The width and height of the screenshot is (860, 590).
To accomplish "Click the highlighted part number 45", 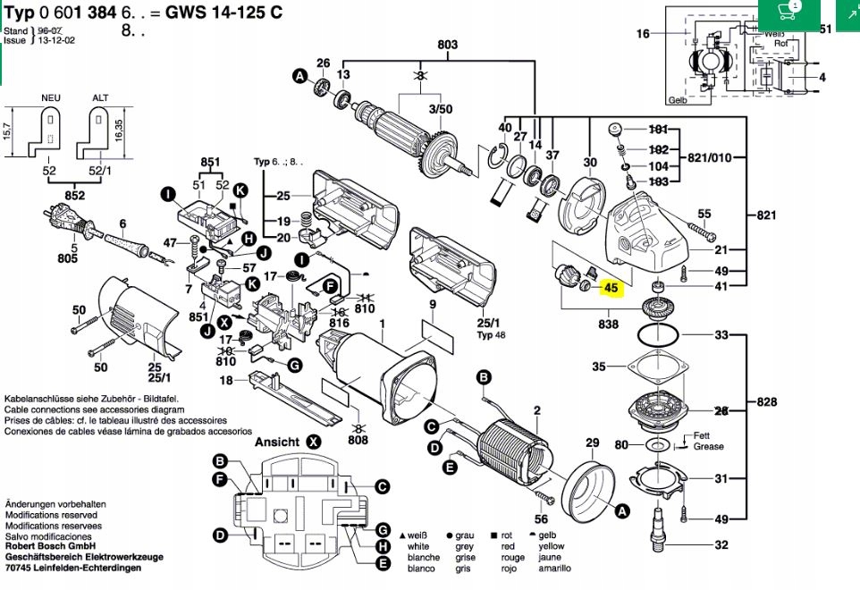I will (611, 289).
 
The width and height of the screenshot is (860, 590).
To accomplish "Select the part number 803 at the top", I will (447, 46).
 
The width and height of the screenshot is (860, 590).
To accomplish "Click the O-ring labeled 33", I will (657, 336).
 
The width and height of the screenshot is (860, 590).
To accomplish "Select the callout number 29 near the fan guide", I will (592, 443).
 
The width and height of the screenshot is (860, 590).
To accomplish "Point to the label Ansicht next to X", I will (278, 442).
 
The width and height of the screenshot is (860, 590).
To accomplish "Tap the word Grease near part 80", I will (708, 446).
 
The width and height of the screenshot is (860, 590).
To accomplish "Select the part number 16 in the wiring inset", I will (643, 34).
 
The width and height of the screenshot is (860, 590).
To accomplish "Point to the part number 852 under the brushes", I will (74, 196).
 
